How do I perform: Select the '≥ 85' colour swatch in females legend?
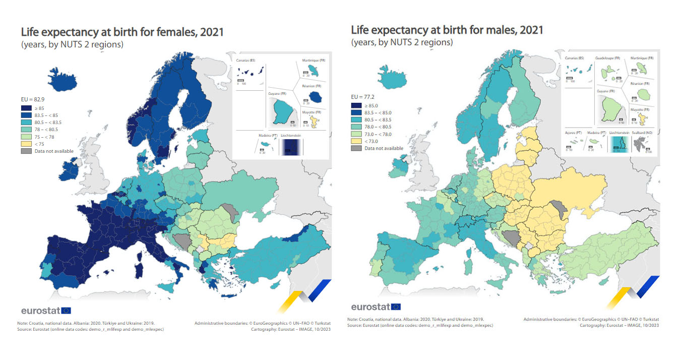pyautogui.click(x=26, y=108)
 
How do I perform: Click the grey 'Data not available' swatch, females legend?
pyautogui.click(x=26, y=151)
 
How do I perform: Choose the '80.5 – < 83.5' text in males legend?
pyautogui.click(x=378, y=120)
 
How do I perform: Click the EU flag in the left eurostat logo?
pyautogui.click(x=67, y=311)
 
